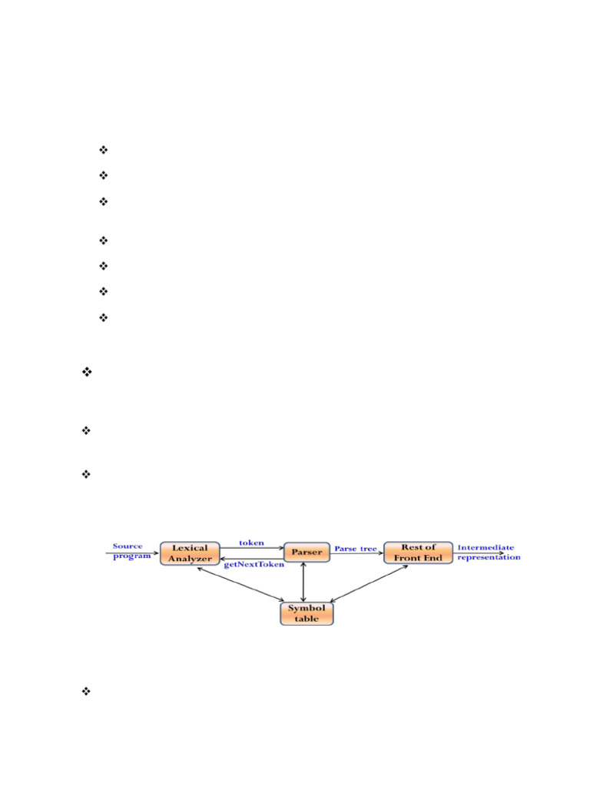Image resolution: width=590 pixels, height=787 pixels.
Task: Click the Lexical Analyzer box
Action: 190,553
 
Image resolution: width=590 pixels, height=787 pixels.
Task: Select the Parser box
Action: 307,552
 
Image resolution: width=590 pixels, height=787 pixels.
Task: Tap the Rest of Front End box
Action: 418,553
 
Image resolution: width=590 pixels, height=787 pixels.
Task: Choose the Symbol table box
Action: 307,613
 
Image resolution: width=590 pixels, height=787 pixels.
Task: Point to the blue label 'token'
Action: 251,542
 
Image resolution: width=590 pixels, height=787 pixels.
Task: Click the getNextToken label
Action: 254,564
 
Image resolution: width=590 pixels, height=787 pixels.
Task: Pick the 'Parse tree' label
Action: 356,549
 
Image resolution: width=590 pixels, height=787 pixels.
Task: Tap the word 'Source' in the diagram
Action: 128,546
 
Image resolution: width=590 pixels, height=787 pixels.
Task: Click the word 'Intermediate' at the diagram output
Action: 486,547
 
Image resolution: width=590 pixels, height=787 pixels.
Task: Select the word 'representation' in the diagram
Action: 489,557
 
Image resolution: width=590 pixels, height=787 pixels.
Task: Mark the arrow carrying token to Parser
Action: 252,548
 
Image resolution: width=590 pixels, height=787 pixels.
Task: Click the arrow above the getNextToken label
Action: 252,557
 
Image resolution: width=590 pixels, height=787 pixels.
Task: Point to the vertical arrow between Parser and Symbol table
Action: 304,581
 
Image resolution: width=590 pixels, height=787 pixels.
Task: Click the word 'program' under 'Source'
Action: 131,556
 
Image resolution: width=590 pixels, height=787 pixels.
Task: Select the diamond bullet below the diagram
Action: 86,692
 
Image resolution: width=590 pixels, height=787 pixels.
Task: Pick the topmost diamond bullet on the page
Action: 104,150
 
